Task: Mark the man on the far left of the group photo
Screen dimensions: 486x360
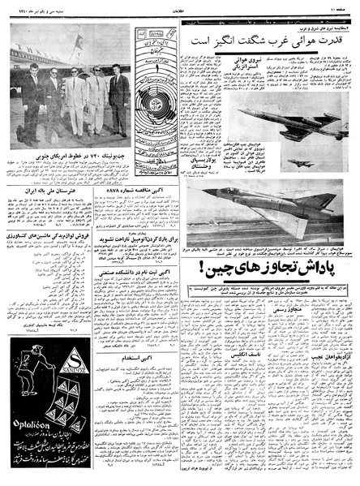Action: [x=32, y=94]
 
